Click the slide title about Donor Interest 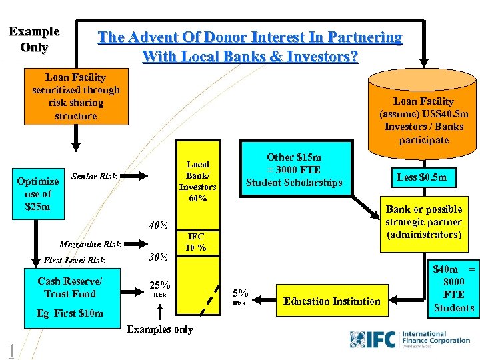(x=250, y=47)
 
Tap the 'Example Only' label (x=34, y=39)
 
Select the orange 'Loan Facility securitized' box (x=76, y=97)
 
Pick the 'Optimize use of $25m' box (x=38, y=194)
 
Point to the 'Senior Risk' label (x=93, y=177)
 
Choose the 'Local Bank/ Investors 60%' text (x=198, y=181)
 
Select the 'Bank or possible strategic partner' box (x=423, y=222)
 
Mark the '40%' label (x=158, y=225)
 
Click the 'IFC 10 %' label (x=196, y=242)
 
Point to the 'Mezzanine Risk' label (x=90, y=245)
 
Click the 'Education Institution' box (x=331, y=301)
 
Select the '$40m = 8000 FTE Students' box (x=453, y=289)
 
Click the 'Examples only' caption (x=159, y=329)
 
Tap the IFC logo (x=410, y=338)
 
